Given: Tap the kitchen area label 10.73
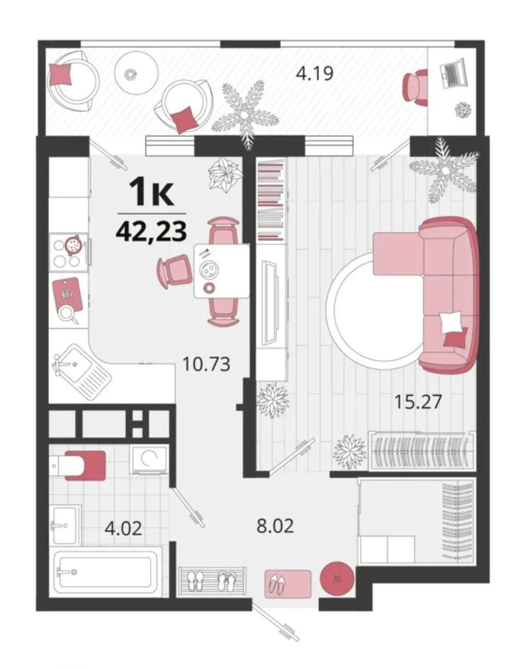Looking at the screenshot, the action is pyautogui.click(x=206, y=364).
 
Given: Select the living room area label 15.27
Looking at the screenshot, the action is pyautogui.click(x=418, y=402).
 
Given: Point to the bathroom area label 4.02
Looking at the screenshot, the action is pyautogui.click(x=123, y=528).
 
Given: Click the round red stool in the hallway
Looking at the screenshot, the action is pyautogui.click(x=337, y=578).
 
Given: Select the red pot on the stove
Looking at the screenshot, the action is pyautogui.click(x=73, y=245).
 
